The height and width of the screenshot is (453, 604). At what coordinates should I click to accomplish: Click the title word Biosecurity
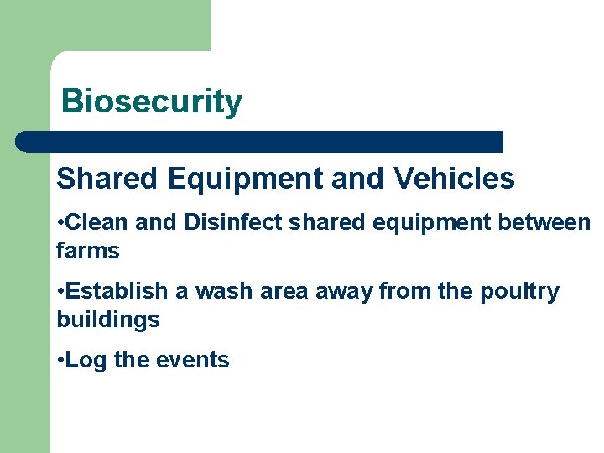click(x=152, y=102)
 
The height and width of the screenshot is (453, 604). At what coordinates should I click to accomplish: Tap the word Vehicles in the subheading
click(x=453, y=178)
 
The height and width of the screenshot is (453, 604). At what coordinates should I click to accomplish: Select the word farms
click(x=88, y=250)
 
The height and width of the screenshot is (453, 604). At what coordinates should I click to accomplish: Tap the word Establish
click(x=117, y=291)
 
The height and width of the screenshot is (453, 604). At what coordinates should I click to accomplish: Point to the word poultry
click(x=519, y=291)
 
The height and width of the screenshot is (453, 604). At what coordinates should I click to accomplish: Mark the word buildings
click(x=108, y=320)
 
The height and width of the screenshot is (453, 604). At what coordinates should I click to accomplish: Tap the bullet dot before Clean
click(x=60, y=223)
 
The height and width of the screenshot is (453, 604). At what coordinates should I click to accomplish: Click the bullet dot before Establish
click(x=60, y=292)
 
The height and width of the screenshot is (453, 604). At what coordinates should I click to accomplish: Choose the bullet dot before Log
click(x=60, y=361)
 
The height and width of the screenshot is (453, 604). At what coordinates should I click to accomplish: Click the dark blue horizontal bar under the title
click(x=260, y=141)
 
